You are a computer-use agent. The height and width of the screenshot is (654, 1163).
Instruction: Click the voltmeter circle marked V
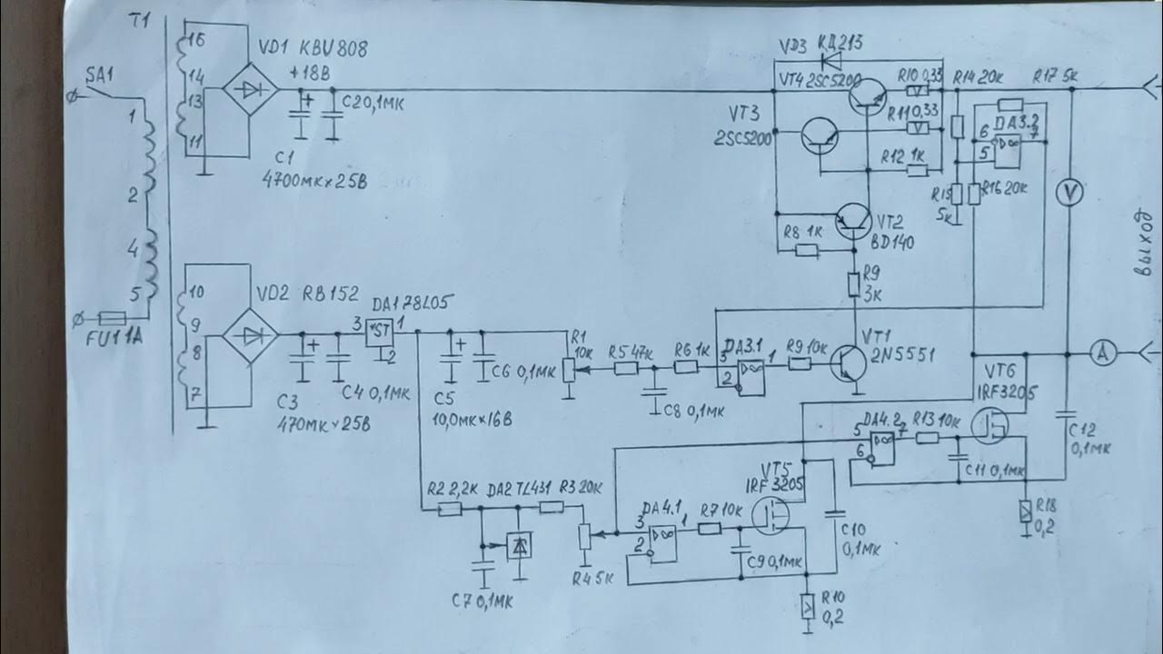[x=1069, y=193]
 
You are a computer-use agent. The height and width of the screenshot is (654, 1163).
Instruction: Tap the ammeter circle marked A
[x=1103, y=355]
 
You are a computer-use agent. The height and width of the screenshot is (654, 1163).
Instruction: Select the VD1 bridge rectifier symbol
[x=251, y=89]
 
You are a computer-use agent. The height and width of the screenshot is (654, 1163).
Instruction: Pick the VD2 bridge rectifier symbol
[x=251, y=334]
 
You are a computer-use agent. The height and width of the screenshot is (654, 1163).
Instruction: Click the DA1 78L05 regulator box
[x=378, y=332]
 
